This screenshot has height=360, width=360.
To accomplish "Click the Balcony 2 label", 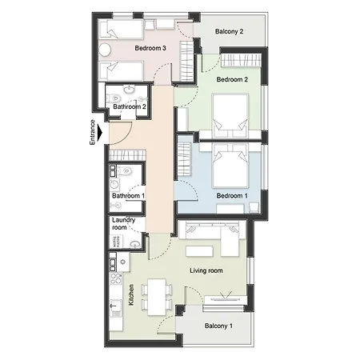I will [229, 32].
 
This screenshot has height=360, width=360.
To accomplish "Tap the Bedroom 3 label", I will [150, 49].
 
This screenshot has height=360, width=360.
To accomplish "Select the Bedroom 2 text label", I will [233, 80].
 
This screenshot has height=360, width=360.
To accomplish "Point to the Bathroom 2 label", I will [129, 106].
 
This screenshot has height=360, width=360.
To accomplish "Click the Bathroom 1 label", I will [129, 196].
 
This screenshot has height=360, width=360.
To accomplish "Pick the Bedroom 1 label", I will [234, 196].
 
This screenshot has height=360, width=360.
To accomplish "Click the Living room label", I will [206, 270].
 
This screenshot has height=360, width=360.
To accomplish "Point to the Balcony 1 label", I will [218, 326].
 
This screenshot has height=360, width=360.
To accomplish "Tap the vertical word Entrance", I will [92, 132].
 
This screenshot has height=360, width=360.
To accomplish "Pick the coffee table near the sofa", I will [210, 250].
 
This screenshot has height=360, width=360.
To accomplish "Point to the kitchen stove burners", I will [115, 260].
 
